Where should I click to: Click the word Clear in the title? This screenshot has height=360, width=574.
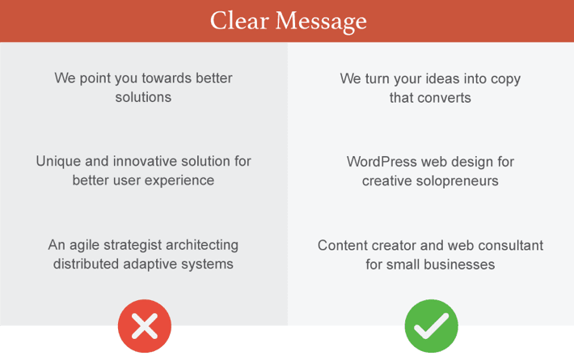[x=240, y=20]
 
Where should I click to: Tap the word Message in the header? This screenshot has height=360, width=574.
[x=321, y=22]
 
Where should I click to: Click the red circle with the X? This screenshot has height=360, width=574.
[x=145, y=326]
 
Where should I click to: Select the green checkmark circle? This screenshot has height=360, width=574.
[x=431, y=326]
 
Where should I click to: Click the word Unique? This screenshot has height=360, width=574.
[x=58, y=162]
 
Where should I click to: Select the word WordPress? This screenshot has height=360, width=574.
[x=382, y=162]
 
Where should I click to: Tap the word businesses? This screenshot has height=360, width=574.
[x=459, y=265]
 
